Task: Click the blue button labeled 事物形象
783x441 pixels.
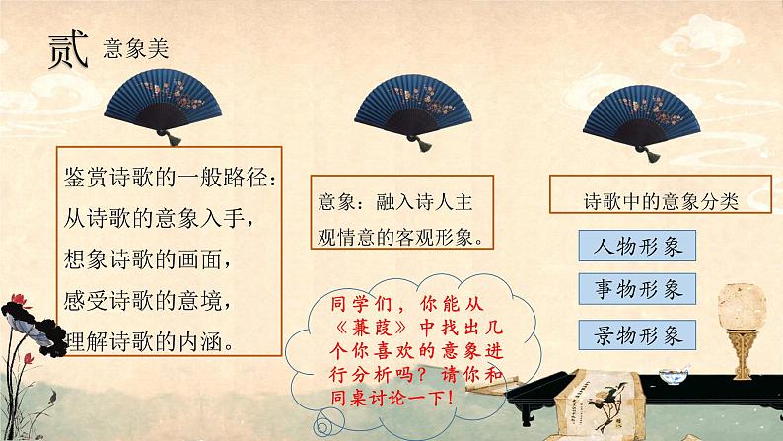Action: tap(636, 289)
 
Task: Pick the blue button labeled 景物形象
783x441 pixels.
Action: tap(636, 334)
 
